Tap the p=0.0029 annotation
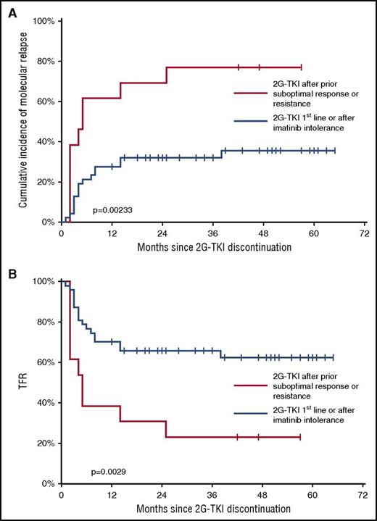point(115,471)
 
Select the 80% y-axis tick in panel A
point(46,61)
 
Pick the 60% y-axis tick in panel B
point(46,362)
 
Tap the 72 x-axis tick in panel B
point(364,495)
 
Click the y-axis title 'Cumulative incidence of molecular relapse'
point(23,121)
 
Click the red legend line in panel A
point(252,93)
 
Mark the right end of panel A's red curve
point(301,67)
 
